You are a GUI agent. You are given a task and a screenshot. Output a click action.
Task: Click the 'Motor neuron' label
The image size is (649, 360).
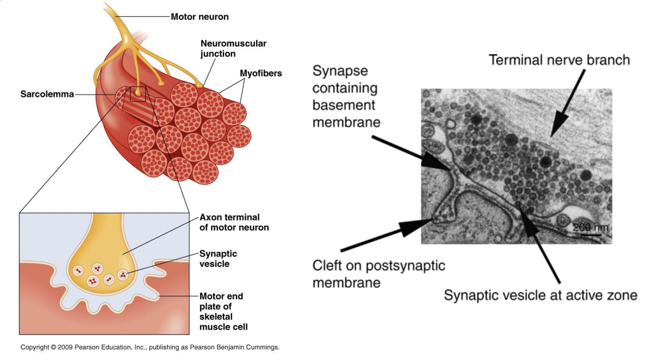pyautogui.click(x=200, y=17)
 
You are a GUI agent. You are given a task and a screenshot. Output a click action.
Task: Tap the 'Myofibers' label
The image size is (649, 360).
pyautogui.click(x=261, y=73)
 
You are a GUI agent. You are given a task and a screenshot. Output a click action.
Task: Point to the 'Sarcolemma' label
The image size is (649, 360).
pyautogui.click(x=47, y=94)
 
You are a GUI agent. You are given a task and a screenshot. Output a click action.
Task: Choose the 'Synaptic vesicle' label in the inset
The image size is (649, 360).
pyautogui.click(x=218, y=259)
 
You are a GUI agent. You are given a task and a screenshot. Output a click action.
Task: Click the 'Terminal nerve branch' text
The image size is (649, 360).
pyautogui.click(x=559, y=60)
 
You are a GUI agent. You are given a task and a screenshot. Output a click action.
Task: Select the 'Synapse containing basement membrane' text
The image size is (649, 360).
pyautogui.click(x=345, y=97)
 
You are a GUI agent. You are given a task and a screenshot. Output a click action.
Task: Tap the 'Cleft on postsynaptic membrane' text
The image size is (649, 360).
pyautogui.click(x=379, y=274)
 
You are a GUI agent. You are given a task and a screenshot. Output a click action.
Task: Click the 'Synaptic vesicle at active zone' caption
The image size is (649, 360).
pyautogui.click(x=540, y=295)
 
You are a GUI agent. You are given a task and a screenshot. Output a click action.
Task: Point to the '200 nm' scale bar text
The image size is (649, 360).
pyautogui.click(x=590, y=227)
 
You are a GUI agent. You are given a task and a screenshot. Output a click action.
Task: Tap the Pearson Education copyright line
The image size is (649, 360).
pyautogui.click(x=150, y=347)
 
